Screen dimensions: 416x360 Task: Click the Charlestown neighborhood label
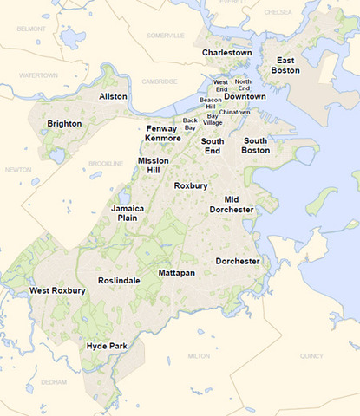226,53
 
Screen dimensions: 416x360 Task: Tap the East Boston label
287,65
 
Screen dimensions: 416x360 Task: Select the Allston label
113,96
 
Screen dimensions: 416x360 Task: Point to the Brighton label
64,124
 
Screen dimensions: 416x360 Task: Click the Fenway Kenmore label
162,133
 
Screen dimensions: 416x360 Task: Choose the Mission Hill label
154,166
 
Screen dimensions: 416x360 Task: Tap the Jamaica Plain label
127,214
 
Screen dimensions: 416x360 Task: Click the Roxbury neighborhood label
190,185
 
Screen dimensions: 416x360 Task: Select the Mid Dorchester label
232,205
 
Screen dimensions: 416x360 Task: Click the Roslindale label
120,280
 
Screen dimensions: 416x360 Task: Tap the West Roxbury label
57,290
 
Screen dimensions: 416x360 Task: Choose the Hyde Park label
107,346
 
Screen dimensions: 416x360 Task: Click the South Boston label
256,146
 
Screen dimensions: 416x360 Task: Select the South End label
213,146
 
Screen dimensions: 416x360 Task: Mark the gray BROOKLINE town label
106,163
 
